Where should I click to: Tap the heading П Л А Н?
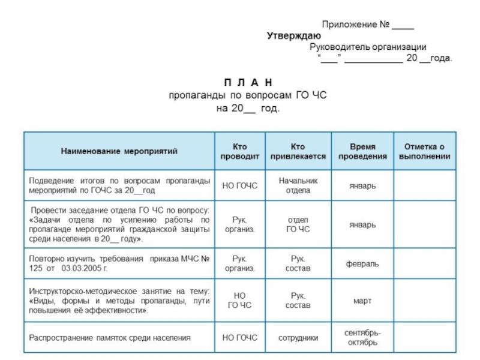coord(248,82)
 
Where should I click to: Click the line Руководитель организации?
coord(368,47)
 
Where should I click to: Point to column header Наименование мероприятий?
coord(119,151)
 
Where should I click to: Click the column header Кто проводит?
coord(239,151)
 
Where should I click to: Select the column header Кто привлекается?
coord(298,151)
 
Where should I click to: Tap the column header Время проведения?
coord(362,151)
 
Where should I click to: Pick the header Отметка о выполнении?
coord(424,151)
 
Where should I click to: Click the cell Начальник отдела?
coord(298,185)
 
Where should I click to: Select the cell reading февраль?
coord(362,263)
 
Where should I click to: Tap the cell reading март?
coord(362,301)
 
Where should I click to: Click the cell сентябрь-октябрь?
coord(362,337)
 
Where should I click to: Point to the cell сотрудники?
coord(298,338)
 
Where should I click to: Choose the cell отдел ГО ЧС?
coord(298,224)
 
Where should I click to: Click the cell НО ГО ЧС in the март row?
coord(239,301)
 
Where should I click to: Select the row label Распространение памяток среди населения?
coord(110,338)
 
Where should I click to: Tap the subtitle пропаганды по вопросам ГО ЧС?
coord(247,95)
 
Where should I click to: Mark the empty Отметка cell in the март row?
coord(424,301)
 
